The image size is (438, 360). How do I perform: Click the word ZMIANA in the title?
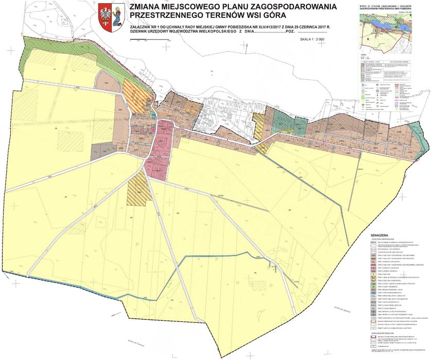(148, 7)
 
